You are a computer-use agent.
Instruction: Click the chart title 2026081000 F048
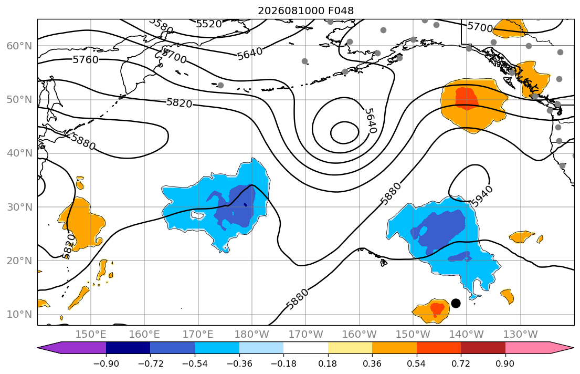coord(305,11)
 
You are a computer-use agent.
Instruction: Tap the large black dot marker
coord(456,303)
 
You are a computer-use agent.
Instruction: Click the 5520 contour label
coord(208,24)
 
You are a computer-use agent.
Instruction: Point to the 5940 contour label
coord(482,196)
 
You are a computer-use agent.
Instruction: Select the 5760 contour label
coord(86,59)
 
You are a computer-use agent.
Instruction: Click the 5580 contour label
coord(161,25)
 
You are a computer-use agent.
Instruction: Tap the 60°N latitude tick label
coord(19,46)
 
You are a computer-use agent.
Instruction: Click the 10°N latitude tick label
coord(19,315)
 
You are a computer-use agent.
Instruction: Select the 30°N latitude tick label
coord(19,207)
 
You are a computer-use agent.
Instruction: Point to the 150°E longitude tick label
coord(91,335)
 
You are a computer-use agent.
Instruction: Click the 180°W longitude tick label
coord(252,335)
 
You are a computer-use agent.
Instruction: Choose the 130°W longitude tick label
coord(521,335)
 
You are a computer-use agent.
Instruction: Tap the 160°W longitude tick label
coord(359,335)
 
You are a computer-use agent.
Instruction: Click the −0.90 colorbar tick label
coord(106,363)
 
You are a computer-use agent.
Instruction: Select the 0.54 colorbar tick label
coord(417,363)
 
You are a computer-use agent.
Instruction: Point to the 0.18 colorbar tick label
coord(328,363)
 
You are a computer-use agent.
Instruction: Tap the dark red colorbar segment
coord(483,348)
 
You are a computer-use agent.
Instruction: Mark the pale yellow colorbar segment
coord(350,348)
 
